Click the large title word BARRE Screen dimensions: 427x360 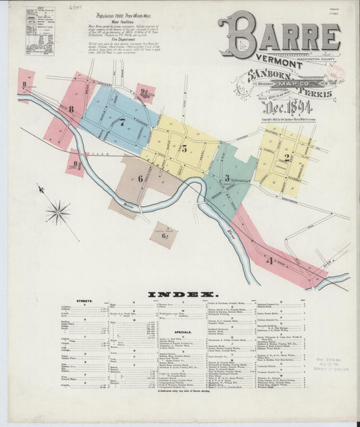click(278, 34)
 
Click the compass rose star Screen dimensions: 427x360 click(57, 212)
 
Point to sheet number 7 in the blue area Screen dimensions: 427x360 click(122, 123)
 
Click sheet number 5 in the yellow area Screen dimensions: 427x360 click(183, 149)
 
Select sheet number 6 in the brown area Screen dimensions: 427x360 click(140, 178)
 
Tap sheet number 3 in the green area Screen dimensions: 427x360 click(228, 178)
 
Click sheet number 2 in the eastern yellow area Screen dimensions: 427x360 click(286, 157)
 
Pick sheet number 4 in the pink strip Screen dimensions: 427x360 click(271, 259)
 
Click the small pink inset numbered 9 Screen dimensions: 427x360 click(144, 93)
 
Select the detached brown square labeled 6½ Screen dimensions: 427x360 click(163, 235)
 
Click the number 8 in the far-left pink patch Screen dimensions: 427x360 click(24, 85)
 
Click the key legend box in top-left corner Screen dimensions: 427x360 click(40, 31)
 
